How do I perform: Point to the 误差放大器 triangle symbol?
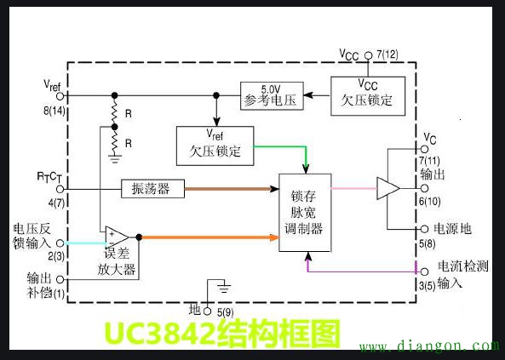[117, 237]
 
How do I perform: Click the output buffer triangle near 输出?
[388, 187]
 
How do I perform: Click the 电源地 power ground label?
[452, 229]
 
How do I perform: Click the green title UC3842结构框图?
[221, 334]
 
